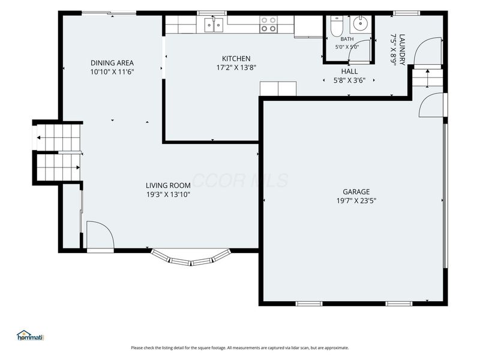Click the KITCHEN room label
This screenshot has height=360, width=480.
(x=236, y=58)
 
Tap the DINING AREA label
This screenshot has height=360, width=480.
(x=112, y=63)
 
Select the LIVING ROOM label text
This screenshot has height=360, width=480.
(x=168, y=185)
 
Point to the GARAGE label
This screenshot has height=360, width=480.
(x=356, y=191)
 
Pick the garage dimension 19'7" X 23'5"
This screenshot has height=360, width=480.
(x=356, y=201)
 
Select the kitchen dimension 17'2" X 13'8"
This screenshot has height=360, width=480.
(x=236, y=68)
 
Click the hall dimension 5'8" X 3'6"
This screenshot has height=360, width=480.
(x=349, y=80)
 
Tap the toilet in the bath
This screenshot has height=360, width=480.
(x=337, y=26)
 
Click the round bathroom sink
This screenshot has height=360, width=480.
(x=361, y=23)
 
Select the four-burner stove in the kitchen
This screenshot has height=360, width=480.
(x=268, y=25)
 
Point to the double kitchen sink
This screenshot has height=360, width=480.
(x=214, y=25)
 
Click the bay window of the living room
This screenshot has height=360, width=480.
(x=191, y=258)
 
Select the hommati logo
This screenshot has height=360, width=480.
(x=31, y=335)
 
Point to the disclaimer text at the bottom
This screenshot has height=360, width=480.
(x=240, y=348)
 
